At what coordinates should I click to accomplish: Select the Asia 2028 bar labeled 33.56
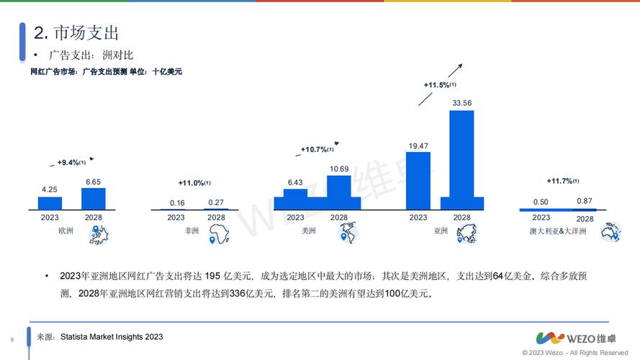[x=461, y=158]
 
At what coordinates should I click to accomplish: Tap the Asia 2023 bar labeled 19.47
[x=418, y=180]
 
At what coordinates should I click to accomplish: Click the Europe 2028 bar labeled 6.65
[x=94, y=198]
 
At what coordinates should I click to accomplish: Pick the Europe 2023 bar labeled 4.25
[x=50, y=202]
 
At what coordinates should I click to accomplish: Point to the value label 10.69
[x=338, y=168]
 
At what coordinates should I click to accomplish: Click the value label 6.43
[x=296, y=183]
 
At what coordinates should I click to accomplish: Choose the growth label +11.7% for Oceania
[x=562, y=181]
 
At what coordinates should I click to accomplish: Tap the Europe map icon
[x=98, y=234]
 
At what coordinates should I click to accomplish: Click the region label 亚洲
[x=441, y=231]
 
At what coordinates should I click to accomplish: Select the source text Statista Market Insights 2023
[x=112, y=336]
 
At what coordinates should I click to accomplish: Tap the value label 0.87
[x=585, y=201]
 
